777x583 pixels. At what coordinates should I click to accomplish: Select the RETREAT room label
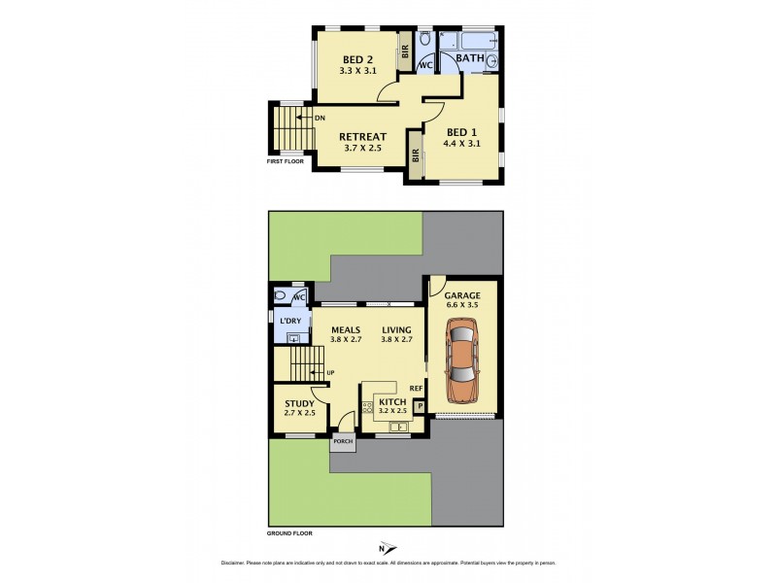(x=363, y=137)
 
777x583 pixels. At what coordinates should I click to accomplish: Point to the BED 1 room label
(x=461, y=132)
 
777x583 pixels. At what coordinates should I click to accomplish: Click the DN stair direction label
(x=319, y=119)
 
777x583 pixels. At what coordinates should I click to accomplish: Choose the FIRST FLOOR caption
(x=285, y=161)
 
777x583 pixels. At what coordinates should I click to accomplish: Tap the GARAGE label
(x=462, y=295)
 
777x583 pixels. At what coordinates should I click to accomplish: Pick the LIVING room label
(x=396, y=329)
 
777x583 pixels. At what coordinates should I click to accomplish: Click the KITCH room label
(x=391, y=400)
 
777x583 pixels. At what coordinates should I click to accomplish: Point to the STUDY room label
(x=299, y=403)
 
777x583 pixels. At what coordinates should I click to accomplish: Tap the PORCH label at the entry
(x=343, y=442)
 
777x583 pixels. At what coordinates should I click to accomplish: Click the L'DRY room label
(x=290, y=321)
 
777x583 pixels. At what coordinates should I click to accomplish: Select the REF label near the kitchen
(x=416, y=389)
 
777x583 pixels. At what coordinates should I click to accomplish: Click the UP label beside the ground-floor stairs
(x=331, y=373)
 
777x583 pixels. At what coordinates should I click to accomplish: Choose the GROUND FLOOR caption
(x=290, y=532)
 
